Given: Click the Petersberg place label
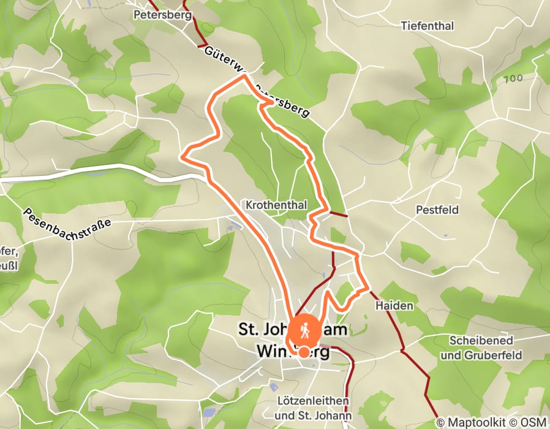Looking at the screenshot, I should pos(162,14).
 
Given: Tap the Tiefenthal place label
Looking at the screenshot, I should pos(428,26).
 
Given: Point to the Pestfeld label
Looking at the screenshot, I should pos(437,210).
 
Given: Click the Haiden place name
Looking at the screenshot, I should pos(392,305).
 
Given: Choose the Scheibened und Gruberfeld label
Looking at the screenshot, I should pos(484,347).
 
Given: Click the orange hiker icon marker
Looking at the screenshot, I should pos(304,331).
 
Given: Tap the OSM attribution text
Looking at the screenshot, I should pos(533,422).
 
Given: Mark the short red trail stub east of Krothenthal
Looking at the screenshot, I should pos(337,214).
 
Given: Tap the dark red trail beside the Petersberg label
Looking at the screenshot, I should pos(198,25).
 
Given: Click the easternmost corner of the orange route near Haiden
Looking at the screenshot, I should pos(368,287).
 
